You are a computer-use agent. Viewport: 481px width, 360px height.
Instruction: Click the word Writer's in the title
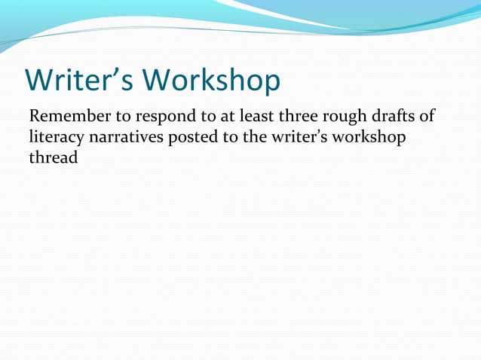(x=78, y=80)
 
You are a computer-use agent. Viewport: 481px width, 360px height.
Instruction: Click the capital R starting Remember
(x=34, y=117)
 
